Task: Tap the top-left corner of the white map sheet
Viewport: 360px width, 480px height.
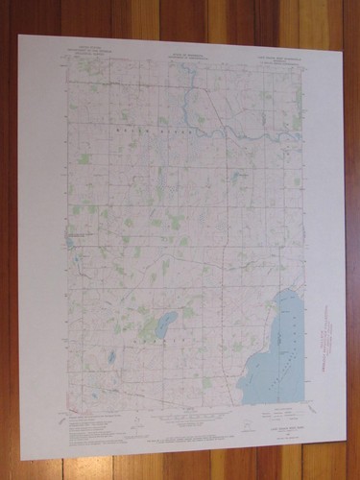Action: tap(19, 36)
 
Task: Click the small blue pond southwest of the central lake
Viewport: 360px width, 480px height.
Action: tap(113, 357)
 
